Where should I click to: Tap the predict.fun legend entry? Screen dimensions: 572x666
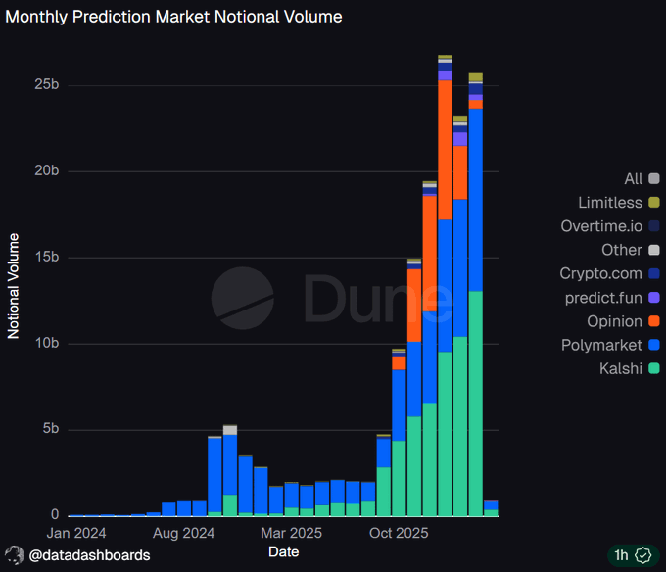(x=609, y=298)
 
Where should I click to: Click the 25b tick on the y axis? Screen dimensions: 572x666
(x=47, y=85)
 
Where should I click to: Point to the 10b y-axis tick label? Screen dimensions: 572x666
(x=47, y=344)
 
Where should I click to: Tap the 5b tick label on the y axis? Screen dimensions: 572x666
(x=51, y=430)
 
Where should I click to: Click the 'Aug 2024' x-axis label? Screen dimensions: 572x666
(x=184, y=534)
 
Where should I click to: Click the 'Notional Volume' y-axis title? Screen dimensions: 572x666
(x=14, y=285)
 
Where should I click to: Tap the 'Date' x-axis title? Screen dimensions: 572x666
(x=283, y=552)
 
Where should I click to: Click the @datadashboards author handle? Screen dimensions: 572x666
(x=89, y=555)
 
